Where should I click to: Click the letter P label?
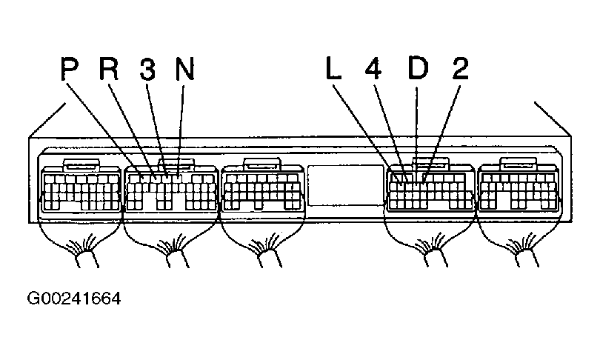click(x=69, y=70)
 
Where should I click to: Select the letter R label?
click(x=109, y=70)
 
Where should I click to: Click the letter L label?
click(x=333, y=70)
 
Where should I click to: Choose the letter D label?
click(x=417, y=70)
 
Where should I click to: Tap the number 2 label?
click(x=459, y=70)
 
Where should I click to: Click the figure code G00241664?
click(x=73, y=299)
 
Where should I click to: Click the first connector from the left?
click(x=81, y=190)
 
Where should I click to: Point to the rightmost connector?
click(x=518, y=190)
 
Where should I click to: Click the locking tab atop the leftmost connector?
click(x=81, y=164)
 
